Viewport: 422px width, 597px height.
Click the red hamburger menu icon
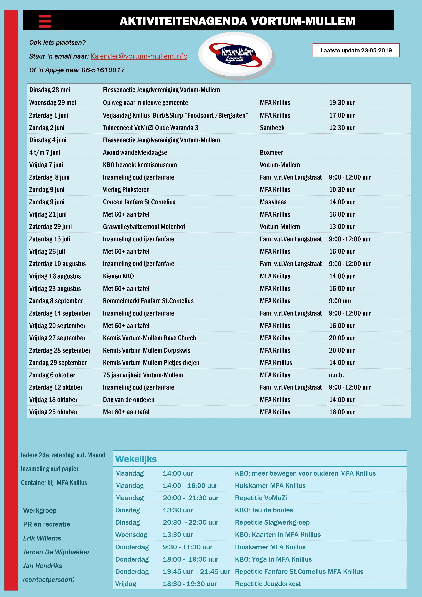45,21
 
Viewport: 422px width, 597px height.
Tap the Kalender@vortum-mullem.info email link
139,56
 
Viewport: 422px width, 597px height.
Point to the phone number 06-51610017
103,70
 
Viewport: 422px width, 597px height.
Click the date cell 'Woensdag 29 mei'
53,103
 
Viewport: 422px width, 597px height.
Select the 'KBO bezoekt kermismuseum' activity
140,165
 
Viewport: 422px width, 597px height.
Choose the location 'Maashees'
273,202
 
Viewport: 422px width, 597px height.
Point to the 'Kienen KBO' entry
118,276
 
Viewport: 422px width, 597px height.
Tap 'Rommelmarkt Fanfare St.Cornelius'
148,301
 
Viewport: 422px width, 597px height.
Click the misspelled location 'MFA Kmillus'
276,363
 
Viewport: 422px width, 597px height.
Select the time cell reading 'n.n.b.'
336,375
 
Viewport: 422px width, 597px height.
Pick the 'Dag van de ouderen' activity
128,400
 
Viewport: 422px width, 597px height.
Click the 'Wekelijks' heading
136,459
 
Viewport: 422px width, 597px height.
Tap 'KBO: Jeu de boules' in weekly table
264,510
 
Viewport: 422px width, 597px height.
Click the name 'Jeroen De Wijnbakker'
56,552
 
